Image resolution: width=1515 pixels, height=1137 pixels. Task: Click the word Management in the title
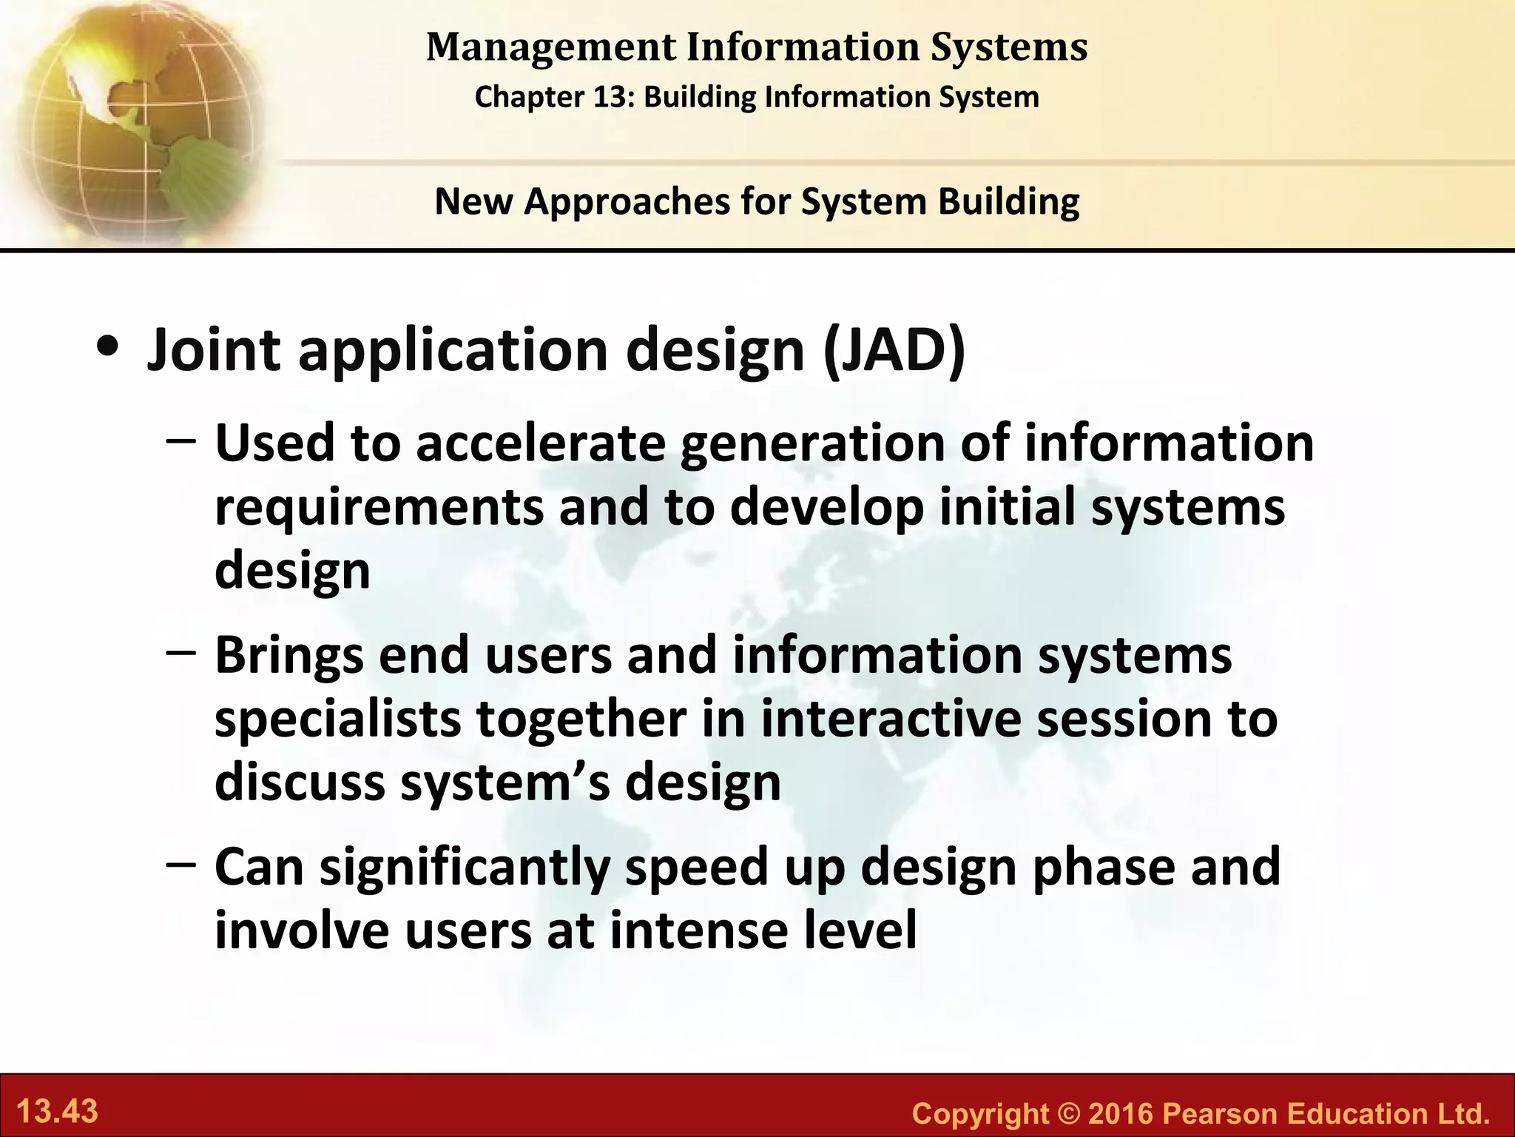tap(551, 47)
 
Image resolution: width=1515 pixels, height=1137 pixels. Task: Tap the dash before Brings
tap(181, 653)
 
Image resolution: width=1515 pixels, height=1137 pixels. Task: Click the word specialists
tap(337, 719)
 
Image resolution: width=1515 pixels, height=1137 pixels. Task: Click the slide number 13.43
tap(57, 1111)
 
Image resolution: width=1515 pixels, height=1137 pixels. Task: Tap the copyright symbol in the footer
tap(1069, 1113)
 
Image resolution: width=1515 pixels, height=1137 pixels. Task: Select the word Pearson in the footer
tap(1221, 1113)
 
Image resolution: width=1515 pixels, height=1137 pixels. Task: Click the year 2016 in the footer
tap(1121, 1113)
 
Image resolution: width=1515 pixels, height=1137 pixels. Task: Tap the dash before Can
tap(181, 864)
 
